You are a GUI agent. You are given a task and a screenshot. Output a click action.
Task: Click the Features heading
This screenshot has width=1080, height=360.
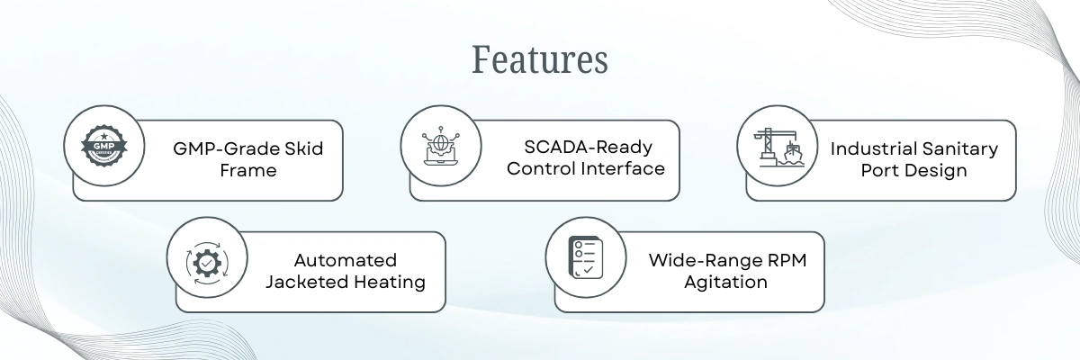[x=539, y=59]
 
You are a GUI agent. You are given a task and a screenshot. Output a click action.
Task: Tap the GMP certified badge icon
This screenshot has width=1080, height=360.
[x=104, y=146]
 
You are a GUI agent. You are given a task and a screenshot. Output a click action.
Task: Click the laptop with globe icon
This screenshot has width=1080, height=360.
[x=441, y=146]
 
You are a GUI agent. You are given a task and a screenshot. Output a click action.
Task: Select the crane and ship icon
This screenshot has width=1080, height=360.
[x=778, y=147]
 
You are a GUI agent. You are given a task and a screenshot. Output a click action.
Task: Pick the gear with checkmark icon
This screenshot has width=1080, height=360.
[x=207, y=263]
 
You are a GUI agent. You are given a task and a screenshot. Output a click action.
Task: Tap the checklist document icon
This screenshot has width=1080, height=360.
[x=586, y=257]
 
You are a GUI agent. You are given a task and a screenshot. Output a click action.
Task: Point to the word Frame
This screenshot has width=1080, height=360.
[x=248, y=171]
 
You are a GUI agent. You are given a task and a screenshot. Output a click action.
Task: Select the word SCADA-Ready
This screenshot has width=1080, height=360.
[x=589, y=147]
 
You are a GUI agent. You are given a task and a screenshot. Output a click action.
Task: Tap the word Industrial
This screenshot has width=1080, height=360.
[x=866, y=148]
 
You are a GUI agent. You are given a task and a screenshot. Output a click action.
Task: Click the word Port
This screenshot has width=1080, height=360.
[x=878, y=171]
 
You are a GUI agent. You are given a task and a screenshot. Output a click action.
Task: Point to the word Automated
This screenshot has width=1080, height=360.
[x=346, y=260]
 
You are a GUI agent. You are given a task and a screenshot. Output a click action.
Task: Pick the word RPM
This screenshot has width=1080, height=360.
[x=787, y=260]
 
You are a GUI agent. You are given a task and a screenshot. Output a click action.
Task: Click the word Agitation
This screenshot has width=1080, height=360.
[x=725, y=283]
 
